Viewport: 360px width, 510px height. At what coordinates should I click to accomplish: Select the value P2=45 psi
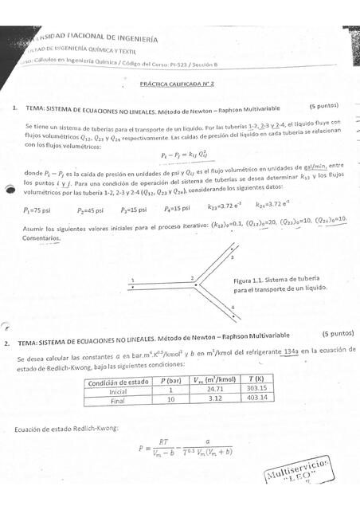(92, 209)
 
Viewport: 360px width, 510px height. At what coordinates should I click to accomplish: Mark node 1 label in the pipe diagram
(132, 279)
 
